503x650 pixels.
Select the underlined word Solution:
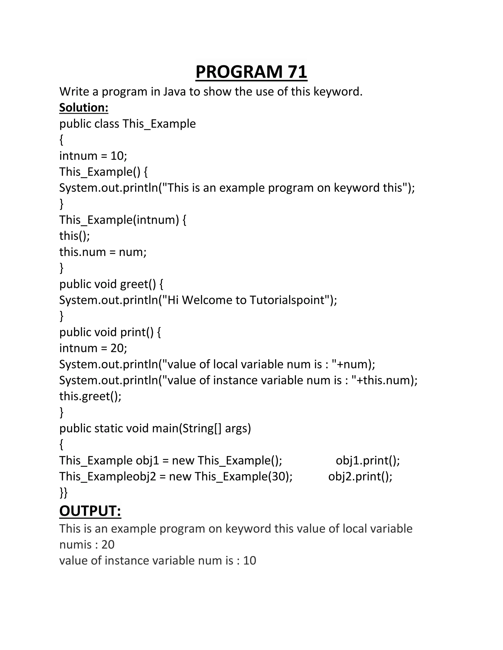[x=84, y=107]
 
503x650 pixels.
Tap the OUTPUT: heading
[x=90, y=511]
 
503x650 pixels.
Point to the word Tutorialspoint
[x=287, y=300]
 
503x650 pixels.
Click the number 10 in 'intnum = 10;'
[x=117, y=156]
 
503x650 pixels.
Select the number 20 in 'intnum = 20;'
[x=117, y=348]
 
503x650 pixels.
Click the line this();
[x=74, y=236]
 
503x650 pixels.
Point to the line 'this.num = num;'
[x=103, y=252]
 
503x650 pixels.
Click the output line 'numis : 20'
[x=87, y=544]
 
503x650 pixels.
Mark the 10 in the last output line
[x=250, y=560]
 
